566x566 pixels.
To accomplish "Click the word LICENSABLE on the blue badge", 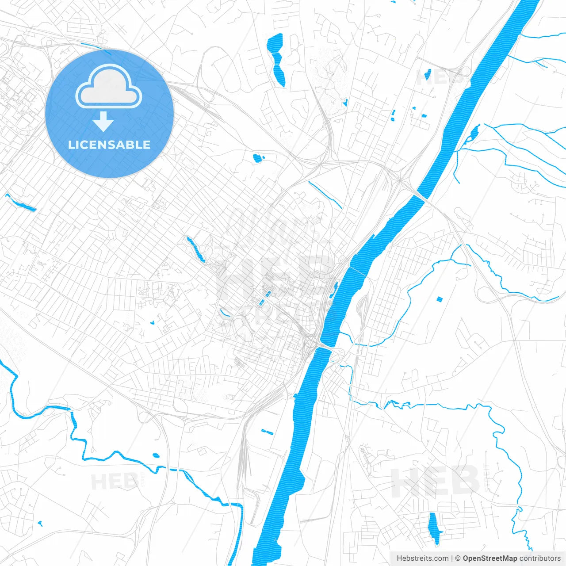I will click(109, 145).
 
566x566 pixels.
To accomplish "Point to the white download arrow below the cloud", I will click(103, 121).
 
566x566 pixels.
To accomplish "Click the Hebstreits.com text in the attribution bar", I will click(422, 558).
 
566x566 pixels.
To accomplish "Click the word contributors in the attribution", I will click(540, 558).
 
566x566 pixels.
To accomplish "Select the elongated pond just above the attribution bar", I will click(434, 528).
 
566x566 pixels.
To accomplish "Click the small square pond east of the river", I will click(439, 299).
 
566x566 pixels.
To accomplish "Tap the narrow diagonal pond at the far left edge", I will click(21, 203).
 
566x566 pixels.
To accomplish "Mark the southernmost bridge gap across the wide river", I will click(325, 348).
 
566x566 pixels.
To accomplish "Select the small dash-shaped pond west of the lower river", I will click(267, 431).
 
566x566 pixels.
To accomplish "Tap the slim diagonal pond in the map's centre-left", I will click(196, 249).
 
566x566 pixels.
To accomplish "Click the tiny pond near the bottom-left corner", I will click(40, 524).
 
